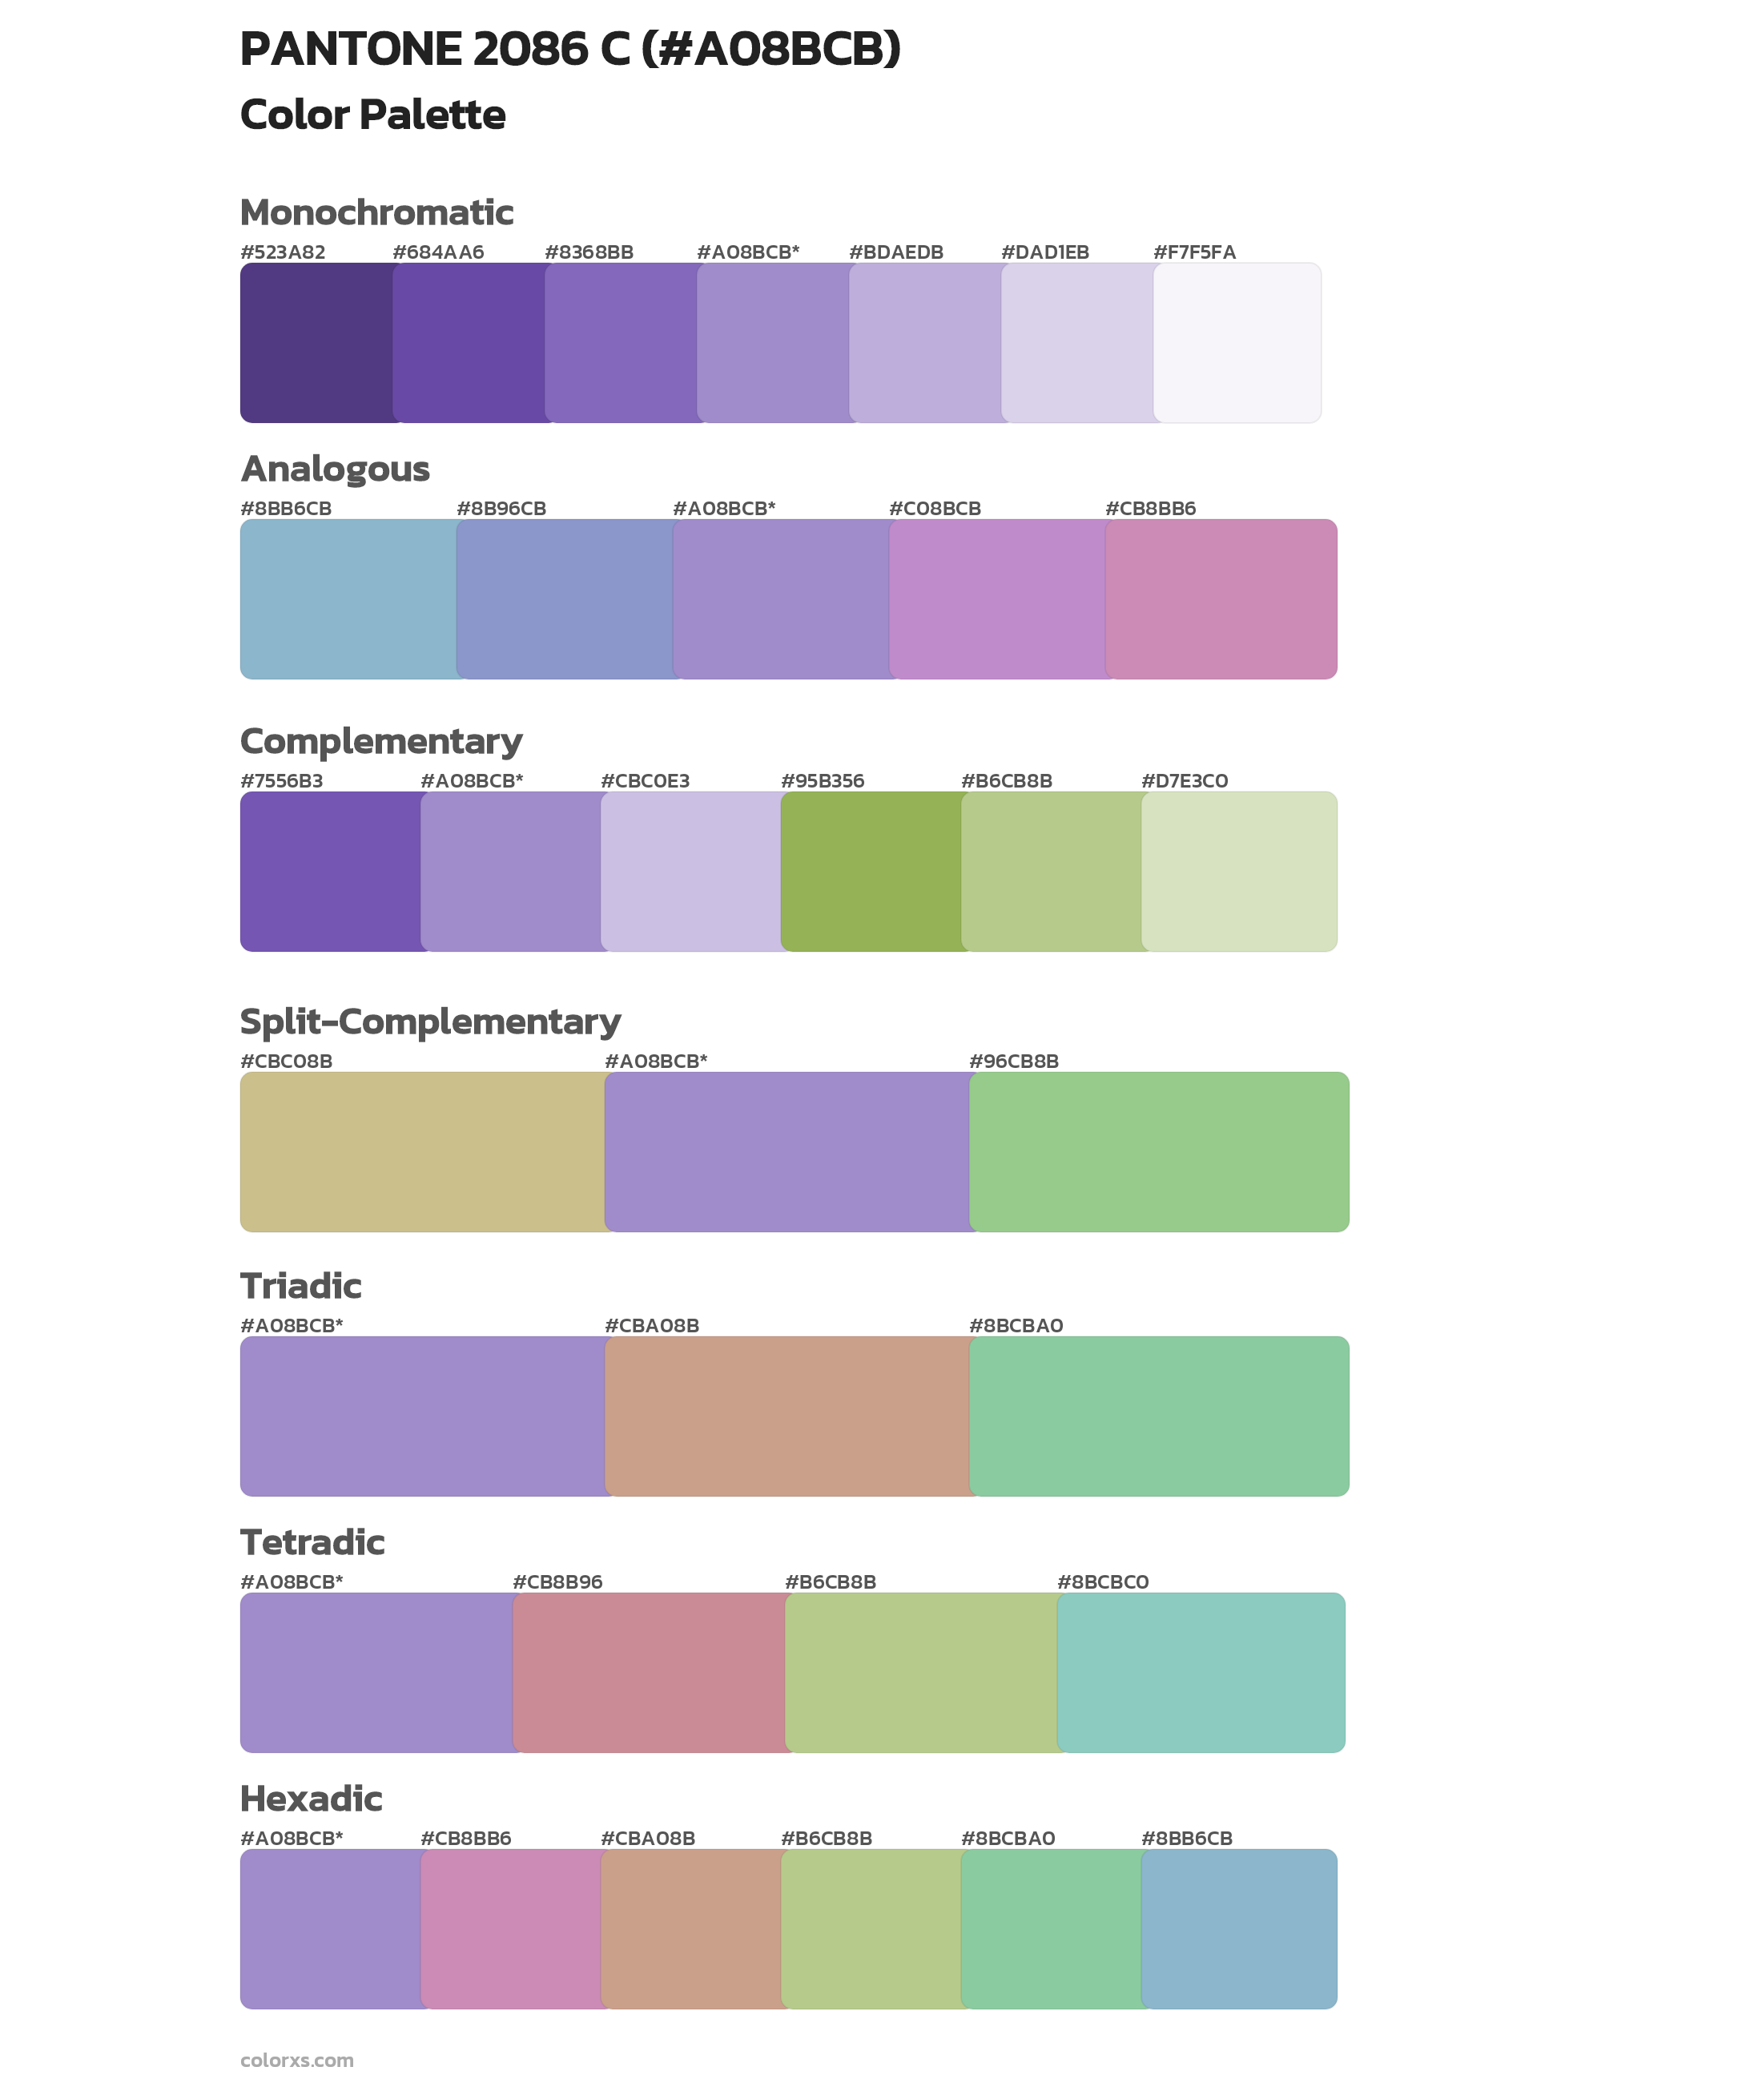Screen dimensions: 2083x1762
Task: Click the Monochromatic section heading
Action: (376, 213)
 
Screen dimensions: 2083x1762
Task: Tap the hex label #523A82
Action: (283, 252)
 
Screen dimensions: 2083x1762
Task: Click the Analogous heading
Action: (335, 469)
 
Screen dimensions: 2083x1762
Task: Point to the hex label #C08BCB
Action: (935, 509)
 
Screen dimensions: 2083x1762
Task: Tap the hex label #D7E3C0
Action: (1185, 781)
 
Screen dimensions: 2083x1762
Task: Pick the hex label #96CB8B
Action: (1014, 1061)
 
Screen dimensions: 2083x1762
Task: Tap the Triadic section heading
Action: (300, 1286)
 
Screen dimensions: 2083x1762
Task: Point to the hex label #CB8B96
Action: (557, 1581)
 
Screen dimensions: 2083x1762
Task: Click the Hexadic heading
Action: (312, 1799)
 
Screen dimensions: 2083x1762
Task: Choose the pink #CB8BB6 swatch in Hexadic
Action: (510, 1929)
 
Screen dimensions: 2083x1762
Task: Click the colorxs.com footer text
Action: (296, 2060)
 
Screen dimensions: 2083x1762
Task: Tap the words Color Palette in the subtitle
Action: (372, 115)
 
